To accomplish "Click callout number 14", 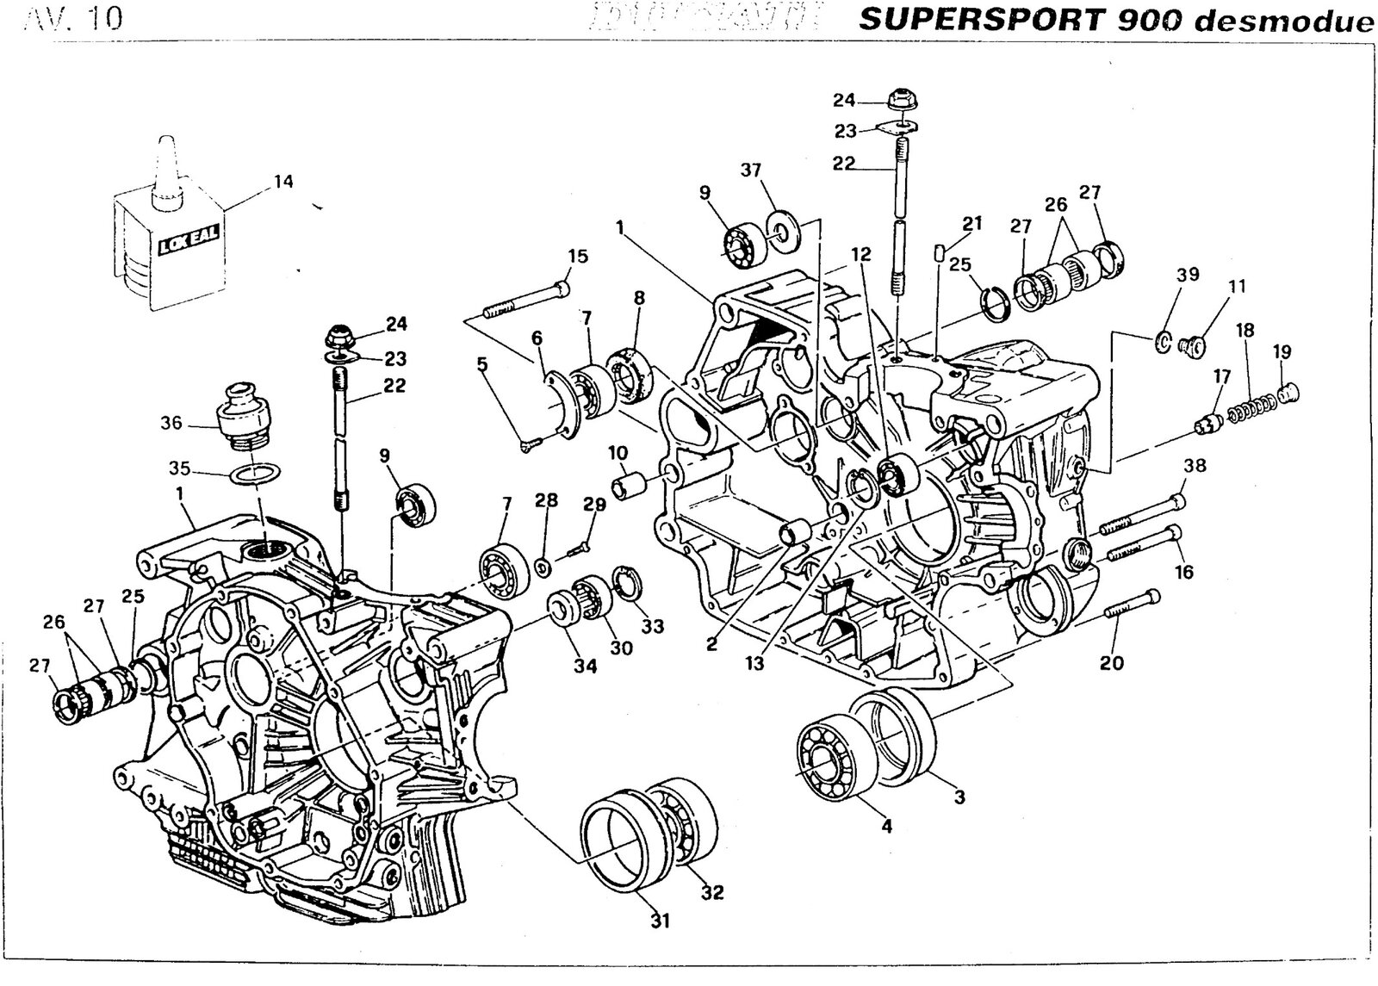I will click(x=283, y=182).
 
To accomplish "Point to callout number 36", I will click(x=171, y=423).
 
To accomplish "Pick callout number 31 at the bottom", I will click(x=659, y=921).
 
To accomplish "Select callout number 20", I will click(x=1112, y=662).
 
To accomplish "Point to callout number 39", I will click(x=1188, y=274).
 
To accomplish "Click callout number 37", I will click(x=751, y=170).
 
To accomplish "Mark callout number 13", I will click(x=755, y=663).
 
